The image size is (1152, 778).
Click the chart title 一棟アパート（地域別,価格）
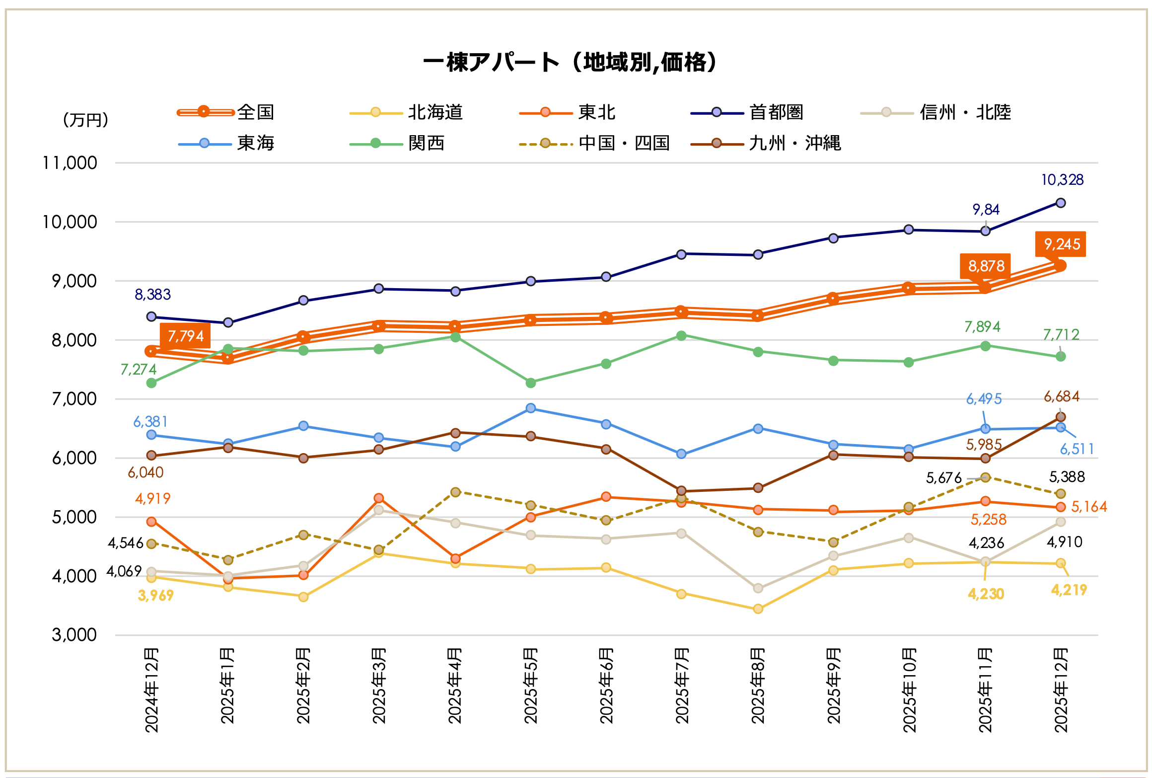pos(570,63)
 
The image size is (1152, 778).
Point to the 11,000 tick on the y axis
pos(70,163)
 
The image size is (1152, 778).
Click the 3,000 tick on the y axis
pos(74,635)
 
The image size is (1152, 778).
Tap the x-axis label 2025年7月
pos(682,686)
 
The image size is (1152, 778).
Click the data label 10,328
pos(1062,180)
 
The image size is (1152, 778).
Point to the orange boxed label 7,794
pos(186,336)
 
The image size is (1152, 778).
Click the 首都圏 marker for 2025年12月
pos(1061,203)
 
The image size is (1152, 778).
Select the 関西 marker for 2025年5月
pos(531,383)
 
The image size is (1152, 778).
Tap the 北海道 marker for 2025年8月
pos(758,609)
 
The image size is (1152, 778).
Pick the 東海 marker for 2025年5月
pos(531,408)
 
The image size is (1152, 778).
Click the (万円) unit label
pos(85,120)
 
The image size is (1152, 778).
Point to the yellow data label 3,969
pos(155,595)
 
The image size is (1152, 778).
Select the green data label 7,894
pos(982,326)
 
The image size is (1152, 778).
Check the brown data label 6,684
pos(1062,396)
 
